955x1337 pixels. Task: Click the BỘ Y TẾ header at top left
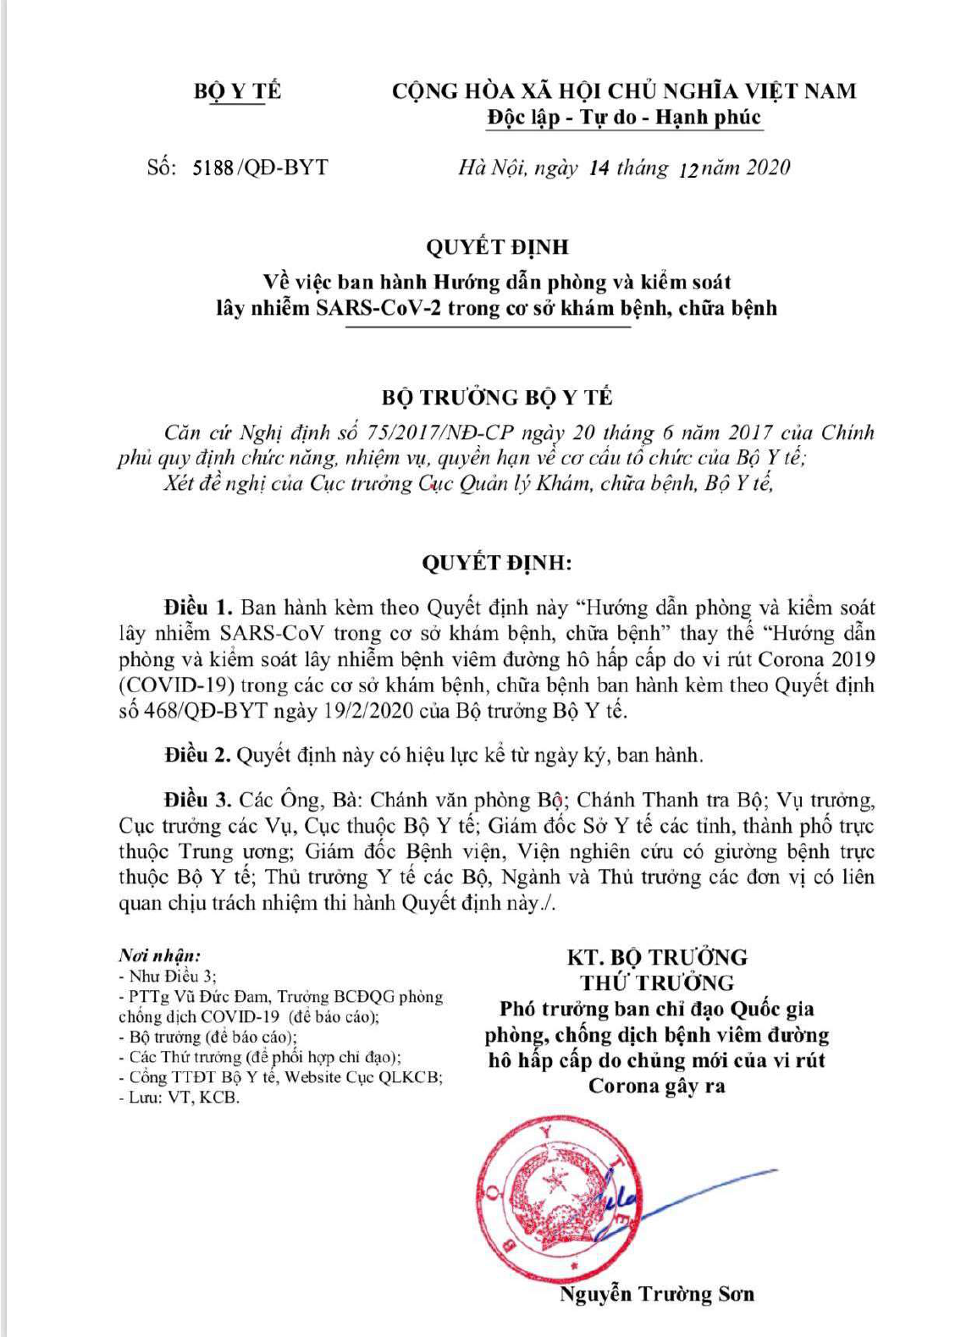237,91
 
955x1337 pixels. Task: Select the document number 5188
213,168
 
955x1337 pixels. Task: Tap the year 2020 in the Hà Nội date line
768,168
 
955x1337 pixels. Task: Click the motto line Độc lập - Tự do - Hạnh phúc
624,117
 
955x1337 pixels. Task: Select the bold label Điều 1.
198,608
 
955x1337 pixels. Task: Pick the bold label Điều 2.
198,755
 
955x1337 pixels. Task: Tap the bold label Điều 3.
198,800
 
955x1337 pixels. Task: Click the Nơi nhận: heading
160,955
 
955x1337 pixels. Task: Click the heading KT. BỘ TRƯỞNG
657,957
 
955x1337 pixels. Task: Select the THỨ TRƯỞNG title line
657,982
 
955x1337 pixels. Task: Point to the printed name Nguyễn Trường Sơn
656,1294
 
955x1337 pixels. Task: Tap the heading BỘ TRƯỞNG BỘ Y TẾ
497,397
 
